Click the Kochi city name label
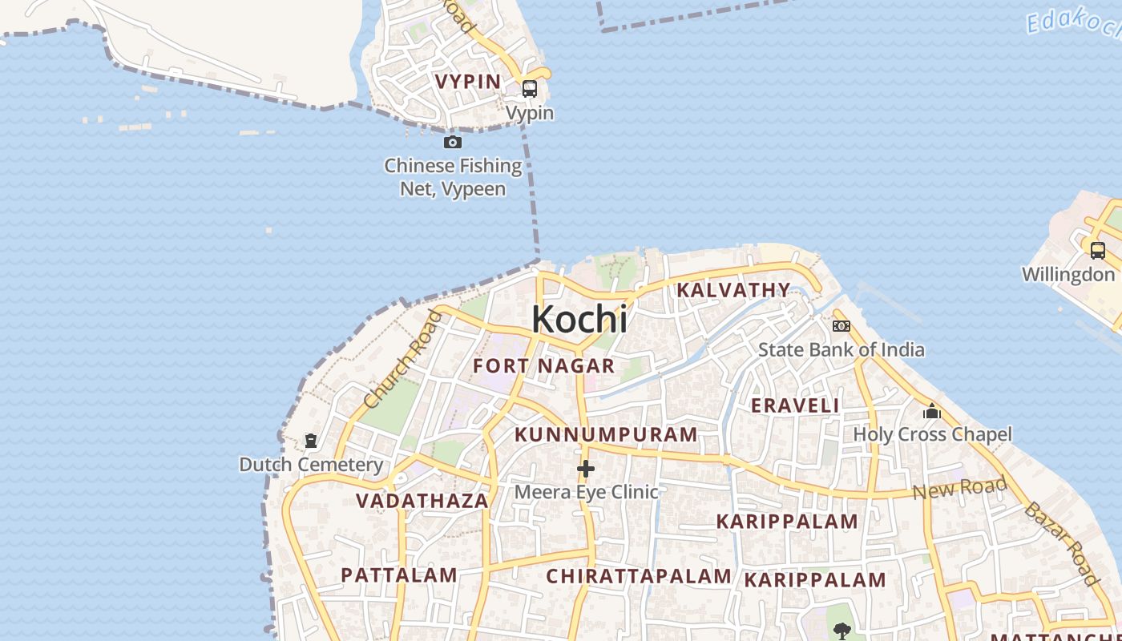(x=579, y=319)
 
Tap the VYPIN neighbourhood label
(x=468, y=81)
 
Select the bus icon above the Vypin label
(x=530, y=89)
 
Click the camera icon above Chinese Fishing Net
(x=453, y=143)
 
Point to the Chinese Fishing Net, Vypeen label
(x=453, y=177)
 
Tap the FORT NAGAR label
(x=544, y=366)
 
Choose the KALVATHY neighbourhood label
(x=733, y=290)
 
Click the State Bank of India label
(x=841, y=349)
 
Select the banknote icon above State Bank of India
(x=841, y=325)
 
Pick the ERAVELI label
(x=795, y=405)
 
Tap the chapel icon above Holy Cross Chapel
(x=932, y=412)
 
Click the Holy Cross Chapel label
(x=932, y=434)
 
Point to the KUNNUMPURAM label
(x=606, y=435)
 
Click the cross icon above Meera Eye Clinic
(x=586, y=469)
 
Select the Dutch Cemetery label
(x=311, y=465)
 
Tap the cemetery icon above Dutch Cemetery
(x=311, y=441)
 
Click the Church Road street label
(x=403, y=358)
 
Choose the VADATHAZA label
(x=422, y=501)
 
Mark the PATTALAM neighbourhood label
(x=399, y=575)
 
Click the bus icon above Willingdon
(x=1098, y=250)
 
